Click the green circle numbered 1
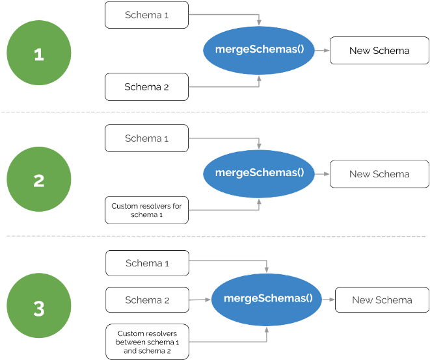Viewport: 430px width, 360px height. (x=38, y=54)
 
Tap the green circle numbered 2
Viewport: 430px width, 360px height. (x=38, y=179)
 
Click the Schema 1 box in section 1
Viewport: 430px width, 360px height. (x=146, y=15)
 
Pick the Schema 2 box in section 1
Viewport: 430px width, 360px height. (x=146, y=87)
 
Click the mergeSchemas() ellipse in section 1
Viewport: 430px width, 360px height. (x=259, y=50)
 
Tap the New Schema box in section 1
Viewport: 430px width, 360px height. (x=379, y=51)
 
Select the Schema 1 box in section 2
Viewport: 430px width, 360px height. (x=146, y=138)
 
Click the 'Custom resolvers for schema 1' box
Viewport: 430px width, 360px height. (x=146, y=210)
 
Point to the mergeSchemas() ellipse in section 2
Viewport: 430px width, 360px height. (x=259, y=173)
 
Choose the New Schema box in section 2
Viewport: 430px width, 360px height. (x=379, y=174)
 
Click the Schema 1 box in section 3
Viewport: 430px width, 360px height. (x=146, y=263)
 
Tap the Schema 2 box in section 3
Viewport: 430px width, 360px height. (x=146, y=300)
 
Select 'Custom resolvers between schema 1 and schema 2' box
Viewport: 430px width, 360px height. (x=146, y=342)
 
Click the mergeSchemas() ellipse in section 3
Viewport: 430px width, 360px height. (x=267, y=299)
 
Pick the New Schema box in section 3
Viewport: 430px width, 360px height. (x=382, y=300)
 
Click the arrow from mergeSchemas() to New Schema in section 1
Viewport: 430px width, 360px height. (x=322, y=51)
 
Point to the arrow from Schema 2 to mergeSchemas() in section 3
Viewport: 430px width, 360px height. (x=200, y=300)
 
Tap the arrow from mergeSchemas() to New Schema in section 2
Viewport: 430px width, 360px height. (x=322, y=174)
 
